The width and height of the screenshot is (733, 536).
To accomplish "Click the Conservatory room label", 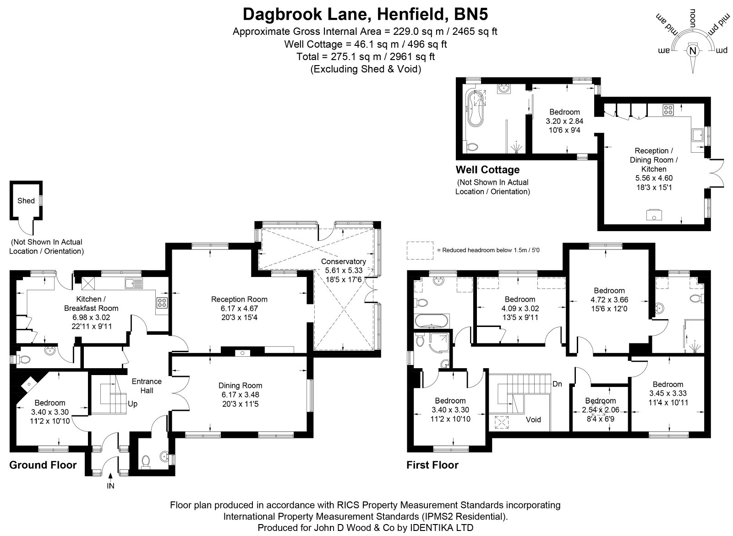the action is (343, 261).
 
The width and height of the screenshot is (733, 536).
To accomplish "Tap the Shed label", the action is (26, 201).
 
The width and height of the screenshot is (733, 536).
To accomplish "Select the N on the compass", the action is (692, 51).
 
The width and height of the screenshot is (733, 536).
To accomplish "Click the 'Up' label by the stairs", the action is (132, 404).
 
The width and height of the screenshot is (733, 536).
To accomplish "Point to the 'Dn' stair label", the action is (557, 384).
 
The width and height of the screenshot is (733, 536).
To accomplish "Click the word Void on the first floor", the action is (533, 420).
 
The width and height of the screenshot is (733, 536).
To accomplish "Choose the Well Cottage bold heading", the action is (487, 170).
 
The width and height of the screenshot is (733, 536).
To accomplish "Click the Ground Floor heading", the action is (43, 465).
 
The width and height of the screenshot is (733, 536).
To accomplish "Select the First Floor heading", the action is (432, 465).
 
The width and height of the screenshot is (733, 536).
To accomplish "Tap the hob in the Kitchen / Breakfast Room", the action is (162, 303).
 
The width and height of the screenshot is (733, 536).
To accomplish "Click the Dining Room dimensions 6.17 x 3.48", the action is (240, 395).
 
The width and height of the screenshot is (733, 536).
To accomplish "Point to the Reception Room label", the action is (239, 299).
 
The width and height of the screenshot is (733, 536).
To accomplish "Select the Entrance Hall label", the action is (147, 386).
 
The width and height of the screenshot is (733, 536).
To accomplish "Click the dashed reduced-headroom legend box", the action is (420, 250).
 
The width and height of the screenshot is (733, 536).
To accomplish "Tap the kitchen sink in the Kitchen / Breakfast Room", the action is (134, 283).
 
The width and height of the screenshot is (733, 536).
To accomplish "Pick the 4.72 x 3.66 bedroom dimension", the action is (609, 299).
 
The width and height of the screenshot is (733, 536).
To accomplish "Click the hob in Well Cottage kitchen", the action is (668, 110).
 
